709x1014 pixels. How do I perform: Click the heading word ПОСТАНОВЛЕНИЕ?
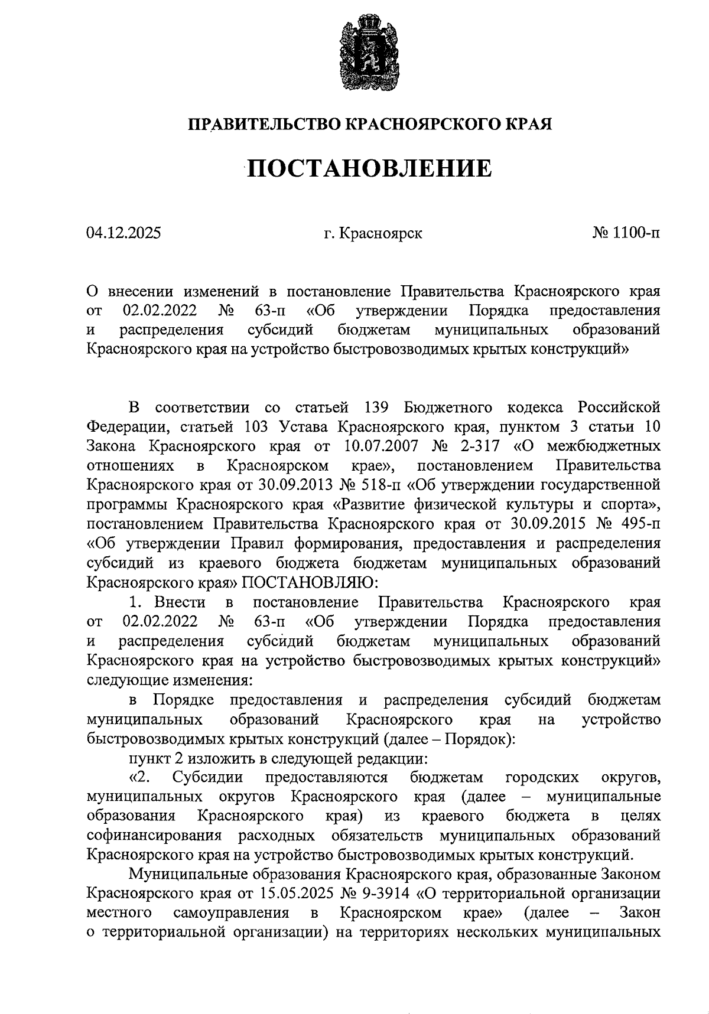click(x=369, y=169)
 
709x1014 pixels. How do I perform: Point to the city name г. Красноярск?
click(x=373, y=233)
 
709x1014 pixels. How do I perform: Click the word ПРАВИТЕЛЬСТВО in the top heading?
click(x=264, y=125)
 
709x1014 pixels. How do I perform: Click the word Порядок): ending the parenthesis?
click(x=480, y=739)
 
